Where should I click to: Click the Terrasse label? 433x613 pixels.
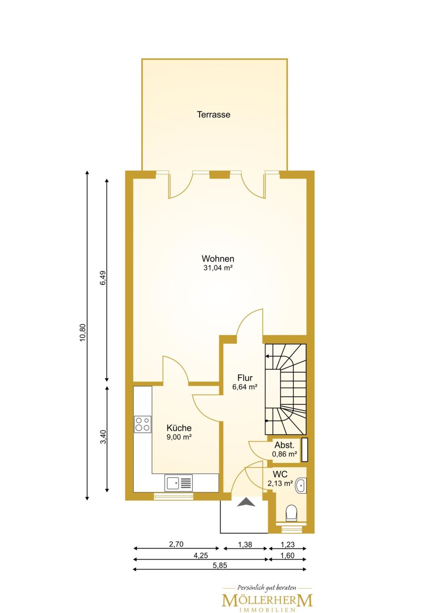coord(214,114)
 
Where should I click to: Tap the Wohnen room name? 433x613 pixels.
coord(218,258)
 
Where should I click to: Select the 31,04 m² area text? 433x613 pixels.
coord(218,268)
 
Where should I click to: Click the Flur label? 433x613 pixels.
coord(245,378)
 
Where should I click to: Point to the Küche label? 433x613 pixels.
coord(179,428)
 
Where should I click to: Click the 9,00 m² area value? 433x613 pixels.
coord(179,437)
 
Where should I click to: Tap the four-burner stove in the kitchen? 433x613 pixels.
coord(143,424)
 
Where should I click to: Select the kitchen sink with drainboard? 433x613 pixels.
coord(178,483)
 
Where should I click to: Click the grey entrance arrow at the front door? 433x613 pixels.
coord(246,502)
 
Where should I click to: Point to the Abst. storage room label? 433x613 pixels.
coord(285,445)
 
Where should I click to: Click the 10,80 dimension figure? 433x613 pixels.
coord(82,333)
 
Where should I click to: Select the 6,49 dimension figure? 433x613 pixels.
coord(103,278)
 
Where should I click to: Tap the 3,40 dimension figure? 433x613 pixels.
coord(103,437)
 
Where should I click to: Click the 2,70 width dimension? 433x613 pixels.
coord(176,544)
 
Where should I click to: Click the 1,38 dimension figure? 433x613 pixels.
coord(245,544)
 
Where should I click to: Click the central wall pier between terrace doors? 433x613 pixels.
coord(219,174)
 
